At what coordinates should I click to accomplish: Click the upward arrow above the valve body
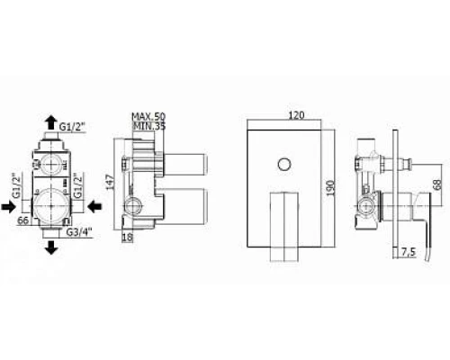pos(51,122)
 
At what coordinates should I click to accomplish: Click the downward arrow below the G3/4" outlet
pos(52,247)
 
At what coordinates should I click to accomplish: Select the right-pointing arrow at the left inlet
pos(9,207)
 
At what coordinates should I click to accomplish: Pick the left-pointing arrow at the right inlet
pos(94,206)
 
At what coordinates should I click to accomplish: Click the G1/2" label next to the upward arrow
pos(72,127)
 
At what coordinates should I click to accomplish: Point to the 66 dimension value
pos(23,220)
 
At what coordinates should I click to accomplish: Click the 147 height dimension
pos(110,182)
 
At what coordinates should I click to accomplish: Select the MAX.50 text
pos(149,116)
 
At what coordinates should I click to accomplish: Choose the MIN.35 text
pos(149,126)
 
